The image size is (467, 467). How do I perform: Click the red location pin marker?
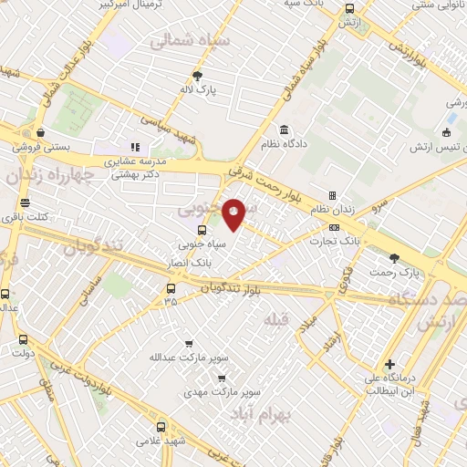point(233,214)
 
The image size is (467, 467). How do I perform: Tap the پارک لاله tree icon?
point(197,75)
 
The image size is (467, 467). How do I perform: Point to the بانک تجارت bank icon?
point(334,227)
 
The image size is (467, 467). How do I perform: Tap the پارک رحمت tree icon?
point(394,258)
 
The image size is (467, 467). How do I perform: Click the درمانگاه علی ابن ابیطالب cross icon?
point(389,363)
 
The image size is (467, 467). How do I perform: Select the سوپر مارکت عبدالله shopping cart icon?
point(189,344)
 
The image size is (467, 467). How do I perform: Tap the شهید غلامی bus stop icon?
point(161,426)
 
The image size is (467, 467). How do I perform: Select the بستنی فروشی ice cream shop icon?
point(39,132)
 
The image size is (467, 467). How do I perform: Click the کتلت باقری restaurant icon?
point(25,202)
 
